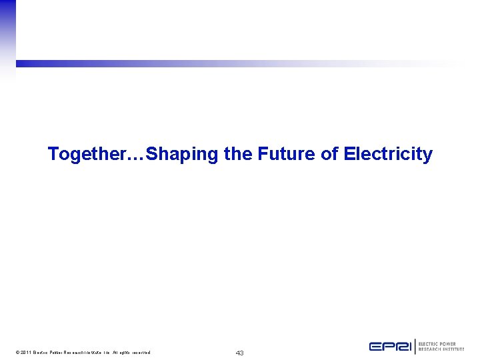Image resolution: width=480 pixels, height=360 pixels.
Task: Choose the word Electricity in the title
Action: [388, 155]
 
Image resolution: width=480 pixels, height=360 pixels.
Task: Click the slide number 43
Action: [239, 353]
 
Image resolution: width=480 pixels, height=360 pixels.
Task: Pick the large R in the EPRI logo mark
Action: [401, 347]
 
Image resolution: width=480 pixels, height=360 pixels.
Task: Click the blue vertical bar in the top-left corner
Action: [7, 33]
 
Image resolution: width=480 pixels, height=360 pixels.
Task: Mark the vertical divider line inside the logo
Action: [416, 347]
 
